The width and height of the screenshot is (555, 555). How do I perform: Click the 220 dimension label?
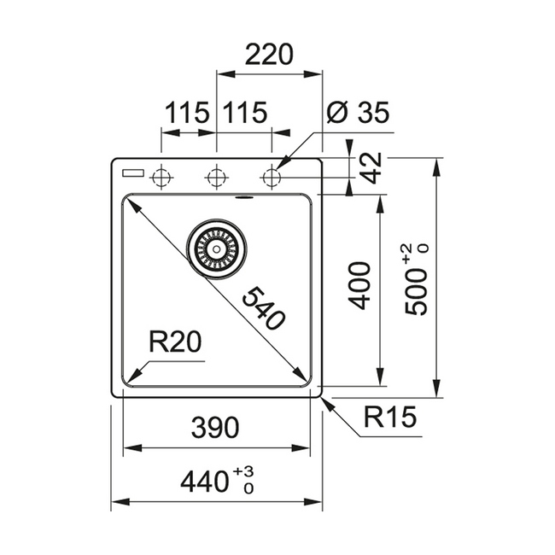(269, 55)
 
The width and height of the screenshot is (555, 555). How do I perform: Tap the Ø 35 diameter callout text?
(358, 112)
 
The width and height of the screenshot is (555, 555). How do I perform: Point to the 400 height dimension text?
(359, 286)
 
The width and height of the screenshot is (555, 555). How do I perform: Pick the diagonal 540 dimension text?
(264, 308)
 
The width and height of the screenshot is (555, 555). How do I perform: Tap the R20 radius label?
(175, 342)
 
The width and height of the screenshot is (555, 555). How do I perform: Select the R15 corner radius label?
(390, 417)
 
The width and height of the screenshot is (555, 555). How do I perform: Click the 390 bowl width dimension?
(215, 427)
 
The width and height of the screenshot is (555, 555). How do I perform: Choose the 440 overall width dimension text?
(204, 482)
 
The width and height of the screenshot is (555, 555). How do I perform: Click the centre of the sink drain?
(216, 249)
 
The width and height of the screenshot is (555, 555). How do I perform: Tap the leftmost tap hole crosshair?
(161, 177)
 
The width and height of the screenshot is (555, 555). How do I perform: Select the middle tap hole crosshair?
(217, 177)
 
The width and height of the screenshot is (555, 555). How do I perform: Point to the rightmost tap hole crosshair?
(272, 177)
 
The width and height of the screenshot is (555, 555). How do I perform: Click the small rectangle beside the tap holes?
(133, 173)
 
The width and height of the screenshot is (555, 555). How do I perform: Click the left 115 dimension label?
(187, 112)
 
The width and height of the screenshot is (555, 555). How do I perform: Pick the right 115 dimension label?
(245, 112)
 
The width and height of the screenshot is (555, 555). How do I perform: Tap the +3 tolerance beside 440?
(243, 471)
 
